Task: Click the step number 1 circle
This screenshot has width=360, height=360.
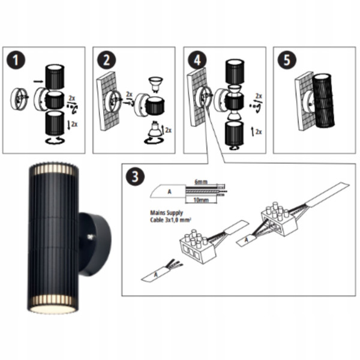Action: tap(16, 60)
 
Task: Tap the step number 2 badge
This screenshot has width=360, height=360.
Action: tap(107, 60)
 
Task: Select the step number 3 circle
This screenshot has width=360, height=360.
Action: tap(135, 176)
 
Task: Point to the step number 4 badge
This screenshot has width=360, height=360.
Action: tap(197, 60)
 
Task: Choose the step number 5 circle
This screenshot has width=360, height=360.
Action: tap(287, 60)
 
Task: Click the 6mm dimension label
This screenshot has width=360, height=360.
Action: tap(201, 182)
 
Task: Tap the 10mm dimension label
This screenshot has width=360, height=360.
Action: tap(201, 200)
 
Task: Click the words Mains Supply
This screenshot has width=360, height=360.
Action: tap(166, 213)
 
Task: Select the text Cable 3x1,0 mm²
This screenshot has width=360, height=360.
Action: tap(170, 220)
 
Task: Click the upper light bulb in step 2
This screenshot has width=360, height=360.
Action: tap(156, 85)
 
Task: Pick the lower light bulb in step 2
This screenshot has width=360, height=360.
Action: tap(155, 129)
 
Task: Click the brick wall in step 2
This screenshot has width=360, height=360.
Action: tap(108, 101)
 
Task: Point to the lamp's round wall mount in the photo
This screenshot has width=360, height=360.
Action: tap(95, 245)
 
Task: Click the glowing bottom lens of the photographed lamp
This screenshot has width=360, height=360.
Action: tap(52, 308)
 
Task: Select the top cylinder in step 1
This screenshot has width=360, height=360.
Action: tap(55, 77)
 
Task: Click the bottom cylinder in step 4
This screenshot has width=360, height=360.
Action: tap(234, 134)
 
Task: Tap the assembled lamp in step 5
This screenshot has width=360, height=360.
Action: tap(323, 101)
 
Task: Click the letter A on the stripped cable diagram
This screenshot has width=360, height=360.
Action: tap(169, 191)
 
